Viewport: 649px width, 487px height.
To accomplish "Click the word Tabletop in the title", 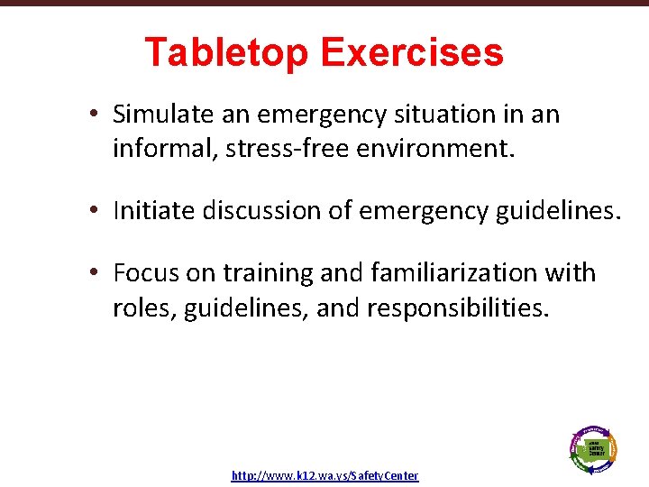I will pyautogui.click(x=226, y=52).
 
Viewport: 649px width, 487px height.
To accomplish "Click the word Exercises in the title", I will pyautogui.click(x=411, y=52).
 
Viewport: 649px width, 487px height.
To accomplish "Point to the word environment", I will pyautogui.click(x=438, y=147).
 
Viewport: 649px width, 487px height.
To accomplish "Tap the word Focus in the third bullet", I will pyautogui.click(x=143, y=273).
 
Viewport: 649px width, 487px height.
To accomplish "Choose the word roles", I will pyautogui.click(x=144, y=308).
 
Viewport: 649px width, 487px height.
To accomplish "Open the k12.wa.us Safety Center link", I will pyautogui.click(x=324, y=475).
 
